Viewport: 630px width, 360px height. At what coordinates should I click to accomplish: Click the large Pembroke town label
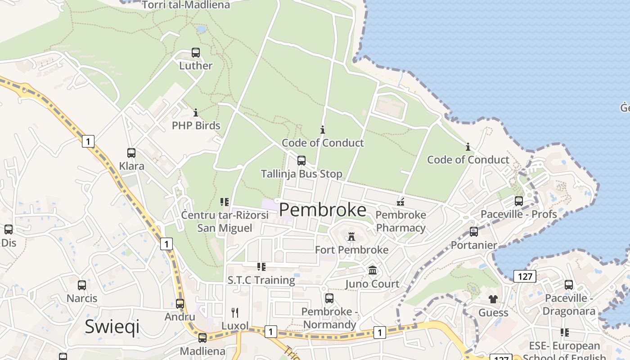pos(323,210)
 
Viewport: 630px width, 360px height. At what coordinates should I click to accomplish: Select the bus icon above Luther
pos(195,53)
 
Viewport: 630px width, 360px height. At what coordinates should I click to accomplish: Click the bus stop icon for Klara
pos(131,153)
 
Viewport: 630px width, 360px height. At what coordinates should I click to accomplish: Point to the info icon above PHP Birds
pos(196,112)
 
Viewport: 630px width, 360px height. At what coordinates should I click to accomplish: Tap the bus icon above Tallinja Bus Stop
pos(301,161)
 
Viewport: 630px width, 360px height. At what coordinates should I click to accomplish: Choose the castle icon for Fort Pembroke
pos(351,236)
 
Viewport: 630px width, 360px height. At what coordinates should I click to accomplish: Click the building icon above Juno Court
pos(373,270)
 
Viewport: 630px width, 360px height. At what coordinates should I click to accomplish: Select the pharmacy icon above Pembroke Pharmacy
pos(400,202)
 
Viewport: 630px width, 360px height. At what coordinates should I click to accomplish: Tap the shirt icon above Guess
pos(493,299)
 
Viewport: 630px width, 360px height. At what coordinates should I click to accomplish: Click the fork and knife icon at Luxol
pos(234,312)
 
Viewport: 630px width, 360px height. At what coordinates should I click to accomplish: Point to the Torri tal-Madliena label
pos(186,5)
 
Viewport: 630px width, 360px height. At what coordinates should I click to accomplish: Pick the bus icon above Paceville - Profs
pos(519,201)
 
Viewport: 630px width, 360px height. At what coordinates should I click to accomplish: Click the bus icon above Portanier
pos(474,232)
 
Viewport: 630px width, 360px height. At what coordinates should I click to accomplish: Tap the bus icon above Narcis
pos(82,285)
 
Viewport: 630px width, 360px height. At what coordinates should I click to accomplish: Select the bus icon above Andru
pos(180,304)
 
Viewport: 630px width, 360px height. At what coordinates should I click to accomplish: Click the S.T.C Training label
pos(261,280)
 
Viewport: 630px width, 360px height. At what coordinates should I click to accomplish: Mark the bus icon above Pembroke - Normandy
pos(329,298)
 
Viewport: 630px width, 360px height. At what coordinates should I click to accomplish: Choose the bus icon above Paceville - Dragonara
pos(569,285)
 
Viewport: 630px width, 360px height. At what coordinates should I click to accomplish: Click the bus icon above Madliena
pos(202,338)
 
